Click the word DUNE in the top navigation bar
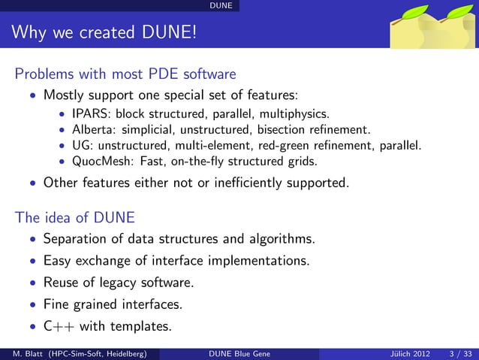tap(220, 6)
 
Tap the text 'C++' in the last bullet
tap(59, 327)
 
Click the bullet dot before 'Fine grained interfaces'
tap(32, 306)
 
